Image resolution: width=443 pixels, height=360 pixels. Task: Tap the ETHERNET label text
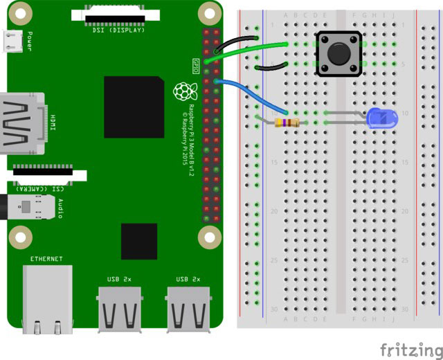[46, 259]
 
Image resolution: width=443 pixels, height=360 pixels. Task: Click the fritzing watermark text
[409, 347]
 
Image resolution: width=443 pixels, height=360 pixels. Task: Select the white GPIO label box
[195, 66]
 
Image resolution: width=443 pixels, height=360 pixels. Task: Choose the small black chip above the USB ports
[138, 241]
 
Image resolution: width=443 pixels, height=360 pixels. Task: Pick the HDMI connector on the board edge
[21, 123]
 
